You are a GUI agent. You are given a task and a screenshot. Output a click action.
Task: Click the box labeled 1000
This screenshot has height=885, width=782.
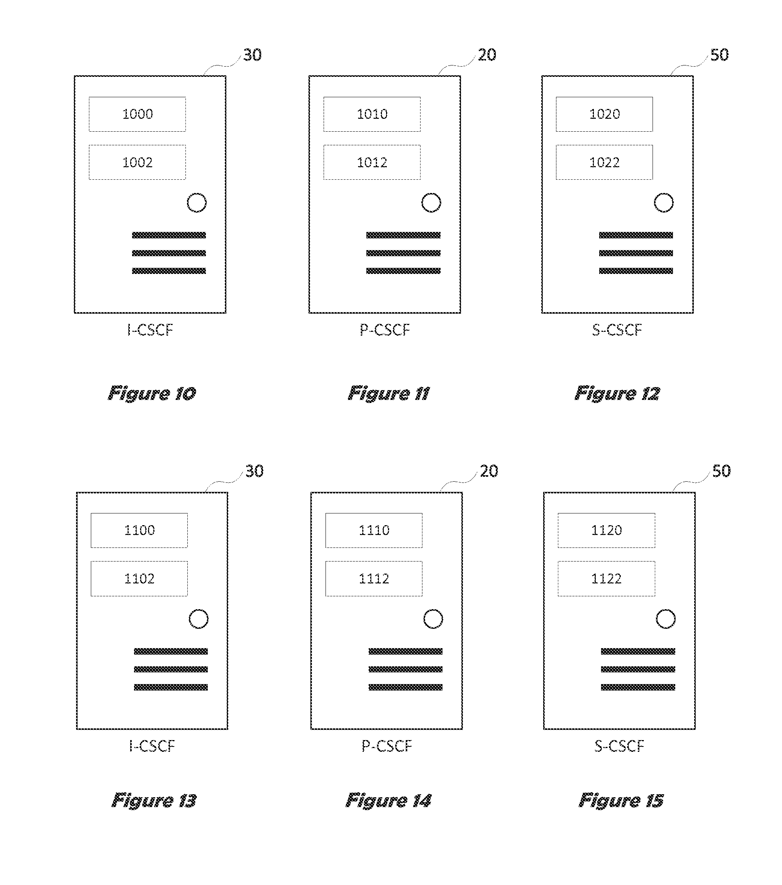point(137,114)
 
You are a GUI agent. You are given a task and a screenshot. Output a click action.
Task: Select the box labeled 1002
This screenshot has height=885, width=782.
point(137,162)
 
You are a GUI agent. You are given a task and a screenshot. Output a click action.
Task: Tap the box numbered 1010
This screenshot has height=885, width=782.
point(372,114)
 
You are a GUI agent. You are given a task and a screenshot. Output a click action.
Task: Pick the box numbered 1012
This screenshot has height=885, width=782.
point(372,162)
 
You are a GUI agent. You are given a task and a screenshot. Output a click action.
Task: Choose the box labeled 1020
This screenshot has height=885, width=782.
point(604,114)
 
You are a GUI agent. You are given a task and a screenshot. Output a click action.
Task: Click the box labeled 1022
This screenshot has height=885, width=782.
point(604,162)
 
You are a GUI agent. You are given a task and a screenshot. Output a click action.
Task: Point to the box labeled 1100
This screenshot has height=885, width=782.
point(139,530)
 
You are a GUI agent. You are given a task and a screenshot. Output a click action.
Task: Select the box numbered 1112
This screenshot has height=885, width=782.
point(374,579)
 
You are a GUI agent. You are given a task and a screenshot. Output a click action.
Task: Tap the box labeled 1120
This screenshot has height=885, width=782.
point(606,530)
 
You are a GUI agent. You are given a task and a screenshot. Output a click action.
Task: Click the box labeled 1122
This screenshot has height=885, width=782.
point(606,579)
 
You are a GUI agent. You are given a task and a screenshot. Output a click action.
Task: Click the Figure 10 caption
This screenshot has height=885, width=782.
point(152,394)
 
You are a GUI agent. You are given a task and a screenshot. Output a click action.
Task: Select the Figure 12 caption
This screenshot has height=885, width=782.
point(617,394)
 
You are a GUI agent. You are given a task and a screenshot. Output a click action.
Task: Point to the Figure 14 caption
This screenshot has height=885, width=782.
point(388,801)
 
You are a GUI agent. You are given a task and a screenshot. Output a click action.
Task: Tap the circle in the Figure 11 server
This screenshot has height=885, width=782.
point(431,203)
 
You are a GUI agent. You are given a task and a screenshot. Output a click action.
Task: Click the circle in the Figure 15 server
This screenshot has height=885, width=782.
point(665,619)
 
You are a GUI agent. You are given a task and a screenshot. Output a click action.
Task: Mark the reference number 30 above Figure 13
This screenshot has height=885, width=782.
point(254,471)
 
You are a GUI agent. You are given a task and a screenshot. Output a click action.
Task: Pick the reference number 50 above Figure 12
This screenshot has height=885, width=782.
point(720,55)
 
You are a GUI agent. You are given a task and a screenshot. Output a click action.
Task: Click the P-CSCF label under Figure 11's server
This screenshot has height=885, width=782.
point(385,330)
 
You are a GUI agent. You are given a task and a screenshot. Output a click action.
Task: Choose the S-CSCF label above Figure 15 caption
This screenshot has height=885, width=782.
point(619,746)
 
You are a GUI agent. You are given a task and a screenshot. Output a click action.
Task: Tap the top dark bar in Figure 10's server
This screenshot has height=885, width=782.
point(169,235)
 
